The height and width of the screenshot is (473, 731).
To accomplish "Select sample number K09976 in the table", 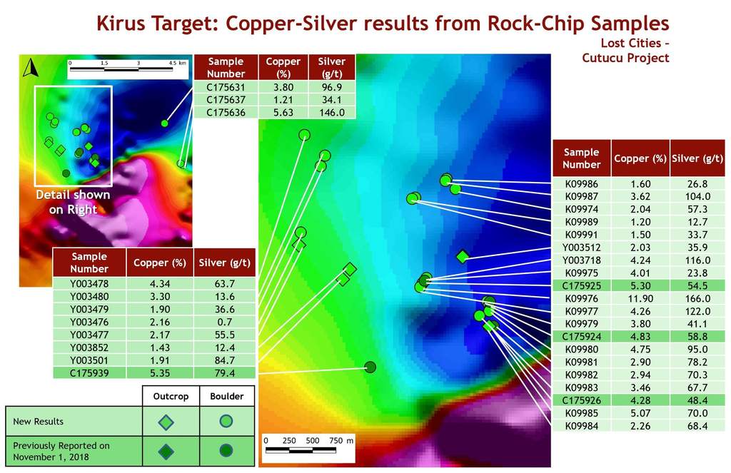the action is pos(581,298).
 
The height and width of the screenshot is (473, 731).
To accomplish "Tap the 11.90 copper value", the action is pos(640,298).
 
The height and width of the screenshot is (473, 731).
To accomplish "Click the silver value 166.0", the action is pos(697,298).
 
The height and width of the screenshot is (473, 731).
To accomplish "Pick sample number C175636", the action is pos(226,112).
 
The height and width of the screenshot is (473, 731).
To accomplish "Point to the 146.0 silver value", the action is pos(332,112).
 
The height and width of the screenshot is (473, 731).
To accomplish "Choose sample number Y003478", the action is pos(89,283).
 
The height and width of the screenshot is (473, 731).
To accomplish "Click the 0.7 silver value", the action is pos(225,322).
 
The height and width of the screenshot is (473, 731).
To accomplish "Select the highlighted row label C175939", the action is pos(89,373).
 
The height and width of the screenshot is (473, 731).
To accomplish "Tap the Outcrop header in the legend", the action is pos(171,396).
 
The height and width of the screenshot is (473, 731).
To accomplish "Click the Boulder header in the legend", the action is pos(226,396).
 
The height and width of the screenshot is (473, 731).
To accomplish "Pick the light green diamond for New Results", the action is pos(166,422).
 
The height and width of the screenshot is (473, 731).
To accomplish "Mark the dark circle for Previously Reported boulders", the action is pos(226,451).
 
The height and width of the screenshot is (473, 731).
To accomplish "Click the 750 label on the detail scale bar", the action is pos(336,440).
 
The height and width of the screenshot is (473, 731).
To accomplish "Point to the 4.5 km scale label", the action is pos(177,63).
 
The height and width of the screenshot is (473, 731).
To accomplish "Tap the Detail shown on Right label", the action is pos(74,202).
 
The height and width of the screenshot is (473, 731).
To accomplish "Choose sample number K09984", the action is pos(581,425).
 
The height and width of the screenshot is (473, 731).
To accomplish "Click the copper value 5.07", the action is pos(640,413).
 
